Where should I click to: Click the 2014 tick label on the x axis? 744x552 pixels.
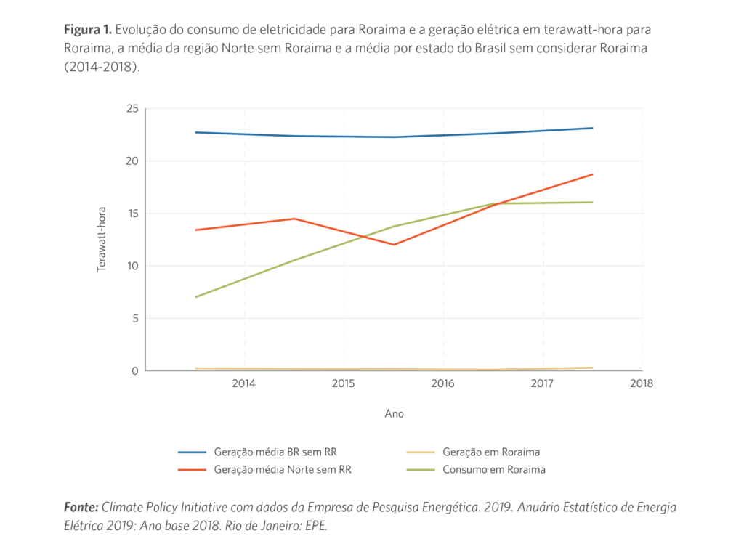click(x=244, y=383)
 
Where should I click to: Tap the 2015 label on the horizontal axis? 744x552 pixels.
click(x=344, y=383)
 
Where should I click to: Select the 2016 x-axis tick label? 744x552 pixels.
click(x=443, y=383)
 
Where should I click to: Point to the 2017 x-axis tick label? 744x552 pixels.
click(x=543, y=383)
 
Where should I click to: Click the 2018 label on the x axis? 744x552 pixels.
click(x=642, y=383)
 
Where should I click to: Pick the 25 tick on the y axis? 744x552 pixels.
click(x=132, y=108)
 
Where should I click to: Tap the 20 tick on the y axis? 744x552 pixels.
click(x=132, y=161)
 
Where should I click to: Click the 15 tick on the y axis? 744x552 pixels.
click(x=132, y=214)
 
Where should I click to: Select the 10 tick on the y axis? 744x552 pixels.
click(x=132, y=266)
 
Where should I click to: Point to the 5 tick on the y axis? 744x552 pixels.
click(x=135, y=318)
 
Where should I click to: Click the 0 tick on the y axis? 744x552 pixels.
click(x=135, y=371)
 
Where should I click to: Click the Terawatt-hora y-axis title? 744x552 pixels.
click(x=102, y=240)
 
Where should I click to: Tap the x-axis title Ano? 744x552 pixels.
click(x=394, y=414)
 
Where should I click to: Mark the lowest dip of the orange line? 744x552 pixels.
click(x=394, y=245)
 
